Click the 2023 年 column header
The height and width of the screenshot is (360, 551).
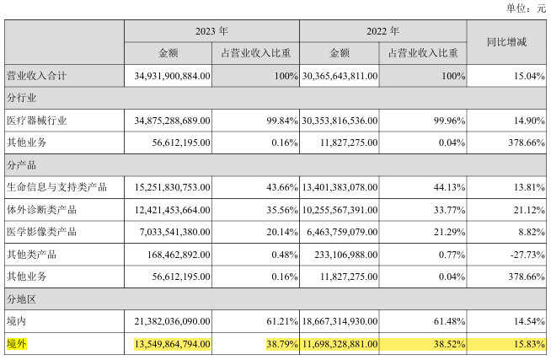coord(211,30)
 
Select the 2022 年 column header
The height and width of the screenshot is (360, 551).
coord(383,30)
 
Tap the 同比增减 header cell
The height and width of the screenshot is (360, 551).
coord(507,41)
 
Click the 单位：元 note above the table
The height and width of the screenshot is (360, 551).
coord(525,8)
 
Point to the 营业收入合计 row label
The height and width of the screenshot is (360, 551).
coord(36,76)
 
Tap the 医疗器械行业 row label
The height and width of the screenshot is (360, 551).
coord(36,121)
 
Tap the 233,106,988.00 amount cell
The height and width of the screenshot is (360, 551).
coord(345,253)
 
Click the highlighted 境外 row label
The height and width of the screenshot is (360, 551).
coord(17,342)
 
